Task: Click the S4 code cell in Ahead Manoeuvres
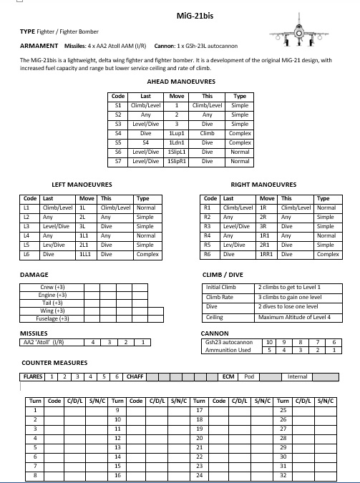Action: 118,133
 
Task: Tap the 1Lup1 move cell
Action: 176,133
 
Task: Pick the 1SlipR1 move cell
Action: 176,161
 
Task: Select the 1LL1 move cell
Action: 87,254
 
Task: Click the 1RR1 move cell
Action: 267,254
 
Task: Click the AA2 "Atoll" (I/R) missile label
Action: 44,342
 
